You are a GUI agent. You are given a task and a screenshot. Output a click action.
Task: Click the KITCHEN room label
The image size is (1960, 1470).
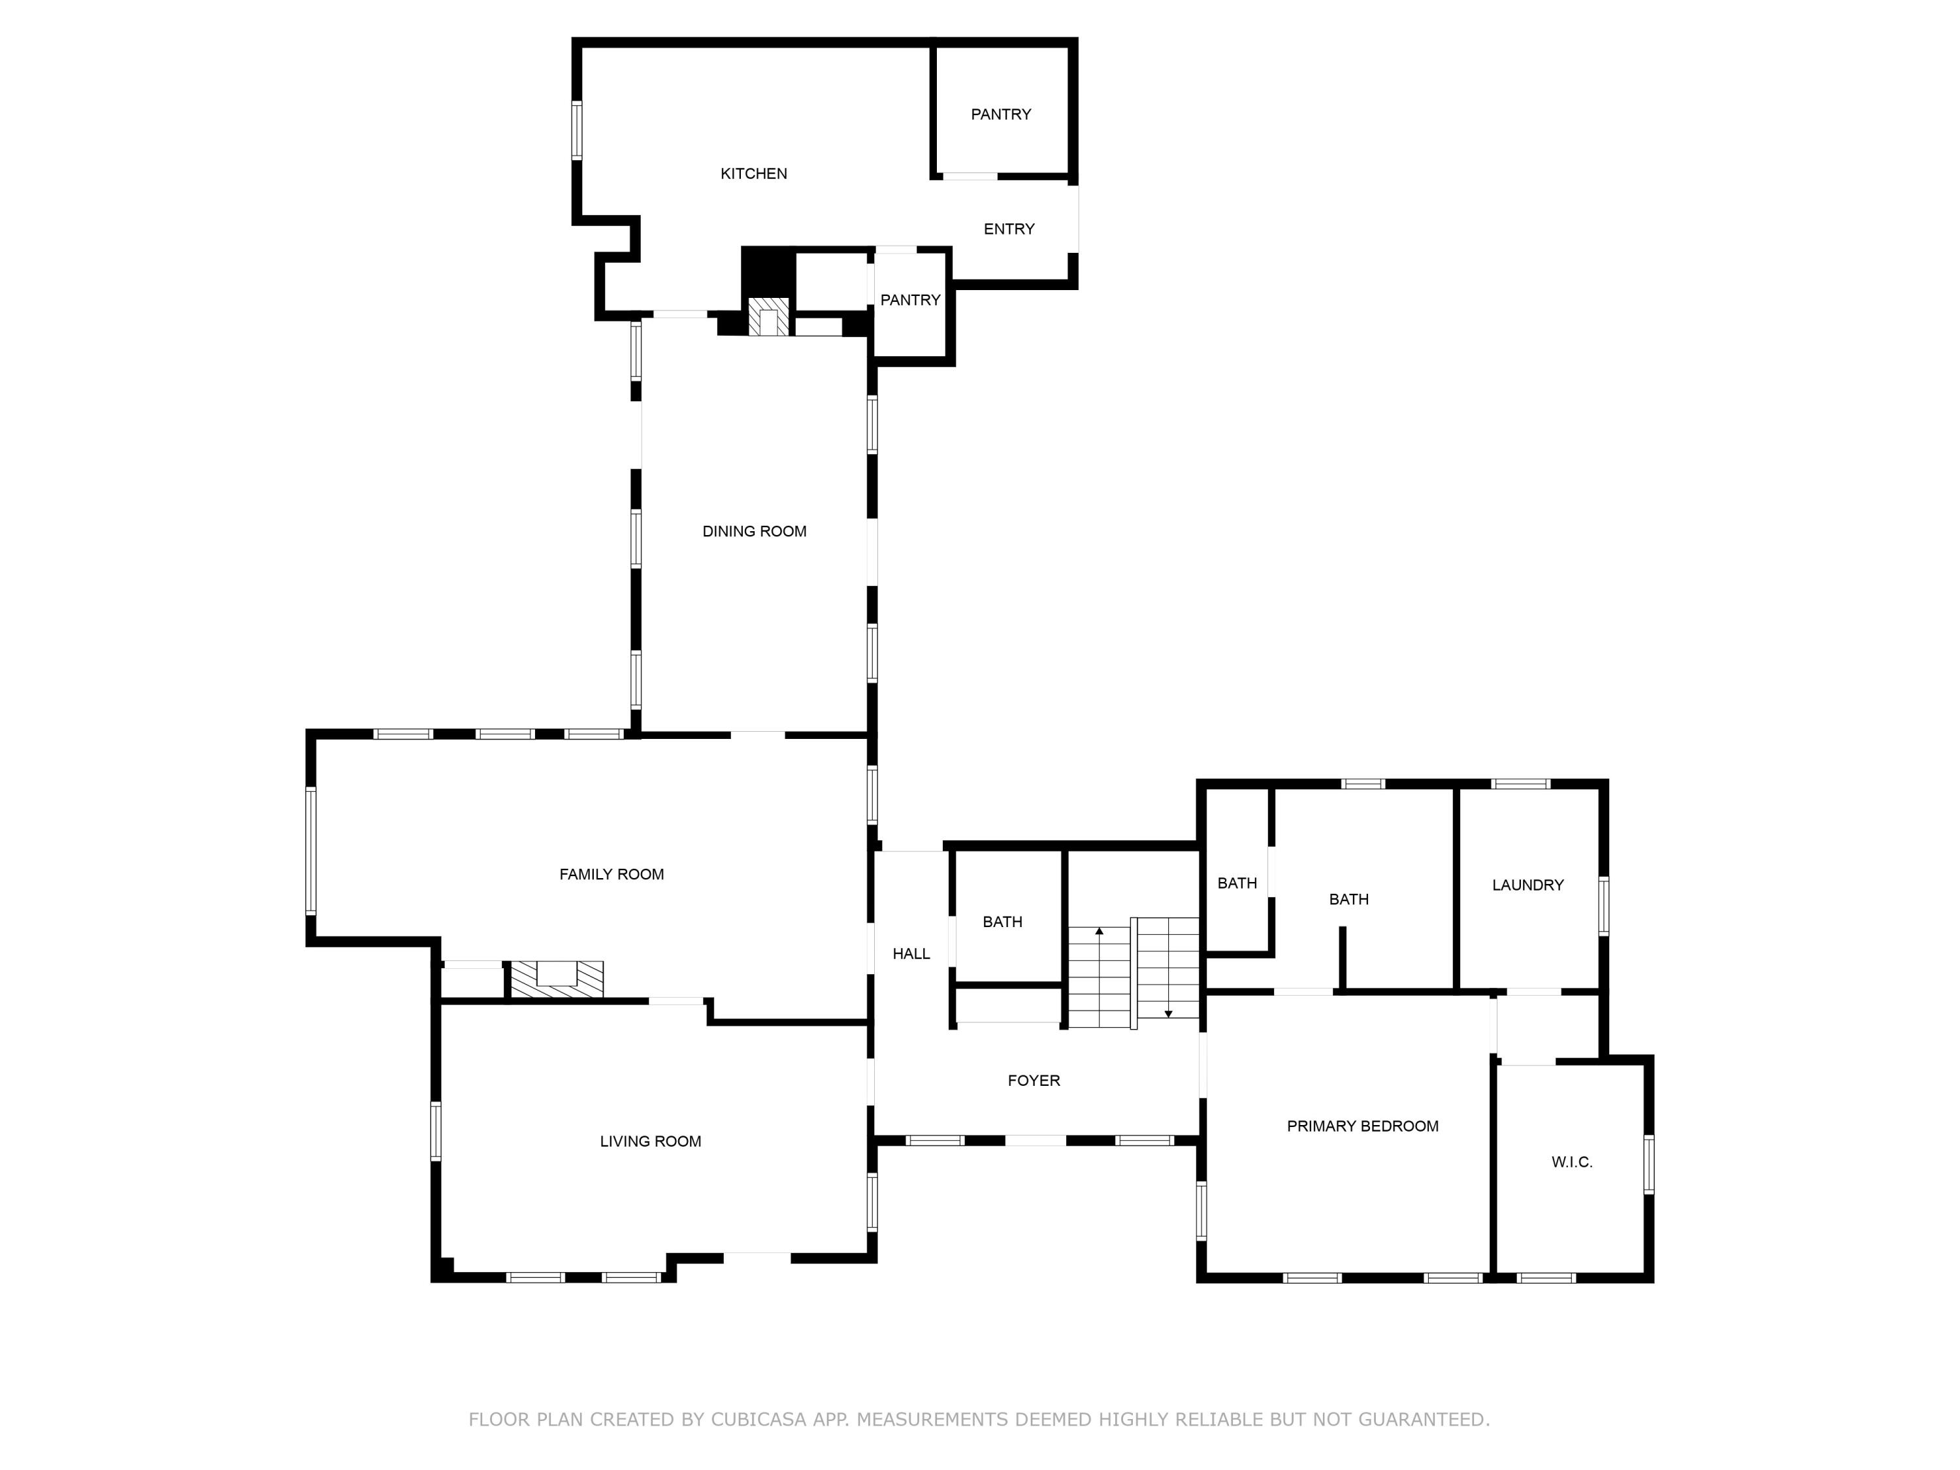[x=753, y=174]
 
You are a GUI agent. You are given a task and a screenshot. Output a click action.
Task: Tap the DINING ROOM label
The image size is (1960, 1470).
[x=754, y=532]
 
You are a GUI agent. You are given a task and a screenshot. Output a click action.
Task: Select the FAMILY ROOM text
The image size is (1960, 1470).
[x=612, y=875]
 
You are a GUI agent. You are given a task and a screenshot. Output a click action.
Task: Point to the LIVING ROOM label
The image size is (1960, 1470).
[x=650, y=1141]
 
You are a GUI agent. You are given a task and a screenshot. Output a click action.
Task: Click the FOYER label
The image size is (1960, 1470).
[x=1033, y=1080]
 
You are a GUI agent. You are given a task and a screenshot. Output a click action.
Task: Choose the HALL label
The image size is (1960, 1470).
[x=911, y=953]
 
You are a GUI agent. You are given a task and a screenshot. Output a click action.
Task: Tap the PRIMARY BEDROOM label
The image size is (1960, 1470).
[x=1362, y=1126]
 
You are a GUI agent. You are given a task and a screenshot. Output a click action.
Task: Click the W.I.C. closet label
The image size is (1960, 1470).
[x=1572, y=1162]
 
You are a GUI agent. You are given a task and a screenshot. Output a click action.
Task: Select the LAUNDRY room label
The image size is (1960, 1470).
[x=1527, y=885]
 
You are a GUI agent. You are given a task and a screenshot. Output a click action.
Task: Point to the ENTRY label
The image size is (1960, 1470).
[x=1008, y=229]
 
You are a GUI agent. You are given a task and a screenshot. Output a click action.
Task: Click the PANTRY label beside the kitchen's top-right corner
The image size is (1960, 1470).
[x=1000, y=114]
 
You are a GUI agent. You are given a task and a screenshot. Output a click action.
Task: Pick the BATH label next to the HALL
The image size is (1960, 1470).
[x=1002, y=921]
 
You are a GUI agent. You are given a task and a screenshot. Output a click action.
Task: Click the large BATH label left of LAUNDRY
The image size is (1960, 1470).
[x=1348, y=900]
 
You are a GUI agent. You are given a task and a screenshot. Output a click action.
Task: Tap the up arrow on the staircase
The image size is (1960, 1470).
[x=1099, y=931]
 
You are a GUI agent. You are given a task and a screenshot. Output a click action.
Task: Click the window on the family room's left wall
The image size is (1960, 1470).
[x=311, y=850]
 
